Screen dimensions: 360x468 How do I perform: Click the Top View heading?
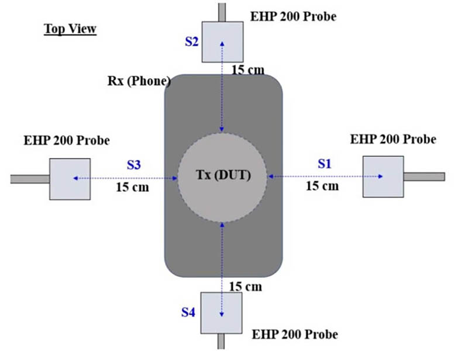coord(70,29)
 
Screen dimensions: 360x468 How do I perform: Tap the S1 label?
coord(325,164)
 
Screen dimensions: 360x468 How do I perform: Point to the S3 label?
coord(133,165)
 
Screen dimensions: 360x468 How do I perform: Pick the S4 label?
coord(188,313)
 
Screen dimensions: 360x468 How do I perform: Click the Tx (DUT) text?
coord(222,176)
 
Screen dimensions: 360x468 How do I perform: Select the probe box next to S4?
coord(222,313)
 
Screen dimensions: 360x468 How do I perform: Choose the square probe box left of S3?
coord(70,179)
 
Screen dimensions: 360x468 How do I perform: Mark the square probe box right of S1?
coord(383,176)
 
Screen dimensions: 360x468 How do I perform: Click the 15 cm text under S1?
coord(322,186)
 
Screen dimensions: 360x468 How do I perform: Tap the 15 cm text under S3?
coord(133,188)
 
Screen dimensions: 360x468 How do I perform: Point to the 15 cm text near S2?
coord(247,70)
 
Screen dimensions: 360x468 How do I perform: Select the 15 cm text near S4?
coord(245,286)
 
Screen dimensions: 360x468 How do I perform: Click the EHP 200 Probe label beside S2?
coord(293,16)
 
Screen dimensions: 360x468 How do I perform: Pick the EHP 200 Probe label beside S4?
coord(295,335)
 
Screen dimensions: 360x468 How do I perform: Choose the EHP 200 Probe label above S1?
coord(393,139)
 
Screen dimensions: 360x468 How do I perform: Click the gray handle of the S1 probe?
coord(424,176)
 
